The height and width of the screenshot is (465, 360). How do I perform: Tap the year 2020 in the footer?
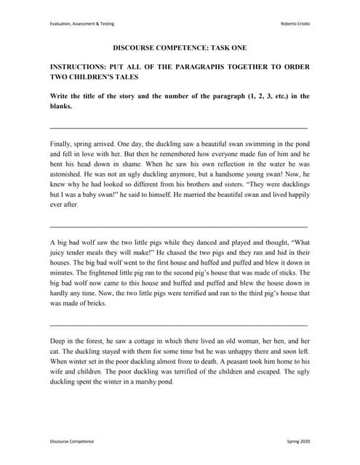click(x=305, y=441)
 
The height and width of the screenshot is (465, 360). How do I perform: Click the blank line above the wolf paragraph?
click(x=178, y=227)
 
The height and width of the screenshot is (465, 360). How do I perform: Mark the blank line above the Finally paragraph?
click(x=178, y=128)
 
